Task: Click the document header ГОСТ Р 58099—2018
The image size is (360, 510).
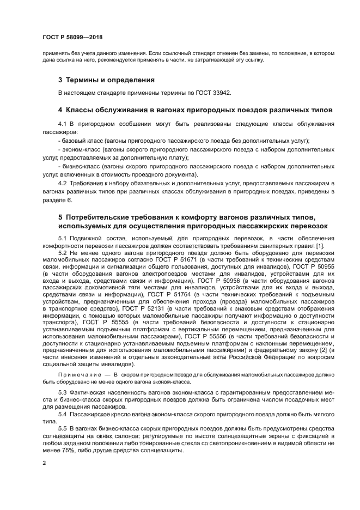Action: pyautogui.click(x=72, y=37)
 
